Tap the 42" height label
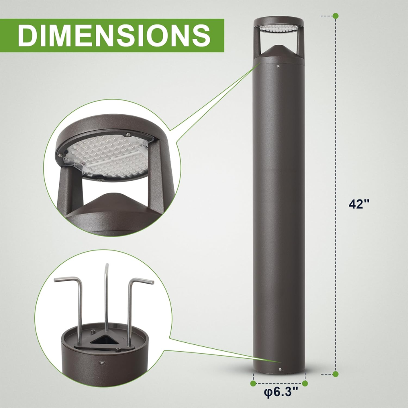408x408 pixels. tap(359, 204)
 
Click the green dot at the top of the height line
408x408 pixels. tap(335, 16)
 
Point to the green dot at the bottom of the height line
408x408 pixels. tap(335, 374)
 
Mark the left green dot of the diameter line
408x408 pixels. tap(253, 384)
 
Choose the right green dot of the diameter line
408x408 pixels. tap(305, 384)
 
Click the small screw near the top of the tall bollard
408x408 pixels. tap(278, 65)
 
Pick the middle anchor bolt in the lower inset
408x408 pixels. tap(106, 294)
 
